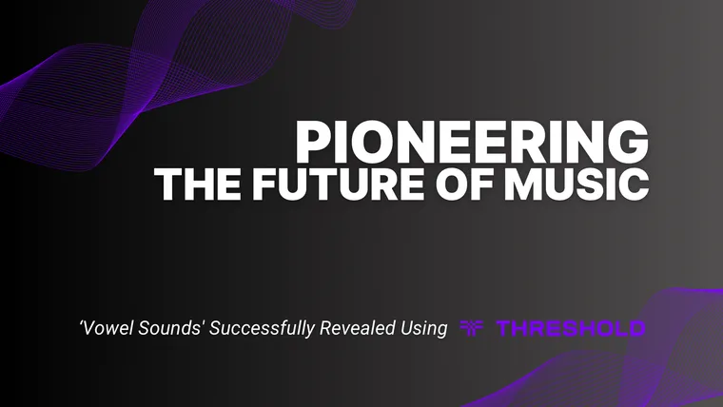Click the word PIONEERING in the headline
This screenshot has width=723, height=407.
point(472,142)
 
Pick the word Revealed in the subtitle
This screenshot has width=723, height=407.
point(357,329)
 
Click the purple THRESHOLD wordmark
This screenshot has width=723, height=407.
point(571,329)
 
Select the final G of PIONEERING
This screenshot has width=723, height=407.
point(630,142)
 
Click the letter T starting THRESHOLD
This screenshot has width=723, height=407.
point(505,329)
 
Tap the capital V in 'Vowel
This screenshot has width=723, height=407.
point(88,329)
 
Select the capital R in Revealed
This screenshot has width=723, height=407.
point(329,329)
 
